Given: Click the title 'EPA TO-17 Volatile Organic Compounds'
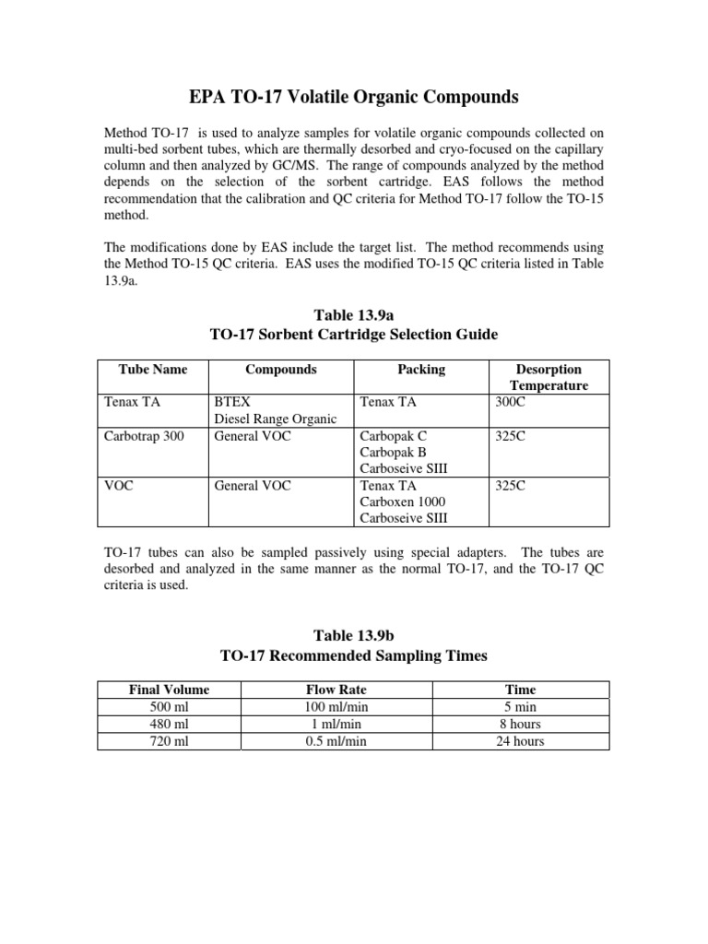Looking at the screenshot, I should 353,97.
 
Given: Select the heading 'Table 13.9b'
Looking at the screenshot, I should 353,635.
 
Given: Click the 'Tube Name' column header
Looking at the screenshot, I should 153,370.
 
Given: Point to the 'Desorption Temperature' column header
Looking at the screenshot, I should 549,378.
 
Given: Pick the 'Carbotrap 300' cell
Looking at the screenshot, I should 143,436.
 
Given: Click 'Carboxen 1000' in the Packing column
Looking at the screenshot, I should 402,501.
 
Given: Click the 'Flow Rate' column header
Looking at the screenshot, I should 353,690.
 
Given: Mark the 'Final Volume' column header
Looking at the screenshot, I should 169,690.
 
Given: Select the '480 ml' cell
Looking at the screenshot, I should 169,725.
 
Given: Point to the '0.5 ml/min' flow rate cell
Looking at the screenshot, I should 353,741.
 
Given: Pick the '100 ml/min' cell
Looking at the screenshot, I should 353,707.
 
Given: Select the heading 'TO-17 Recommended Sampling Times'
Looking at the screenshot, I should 353,656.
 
